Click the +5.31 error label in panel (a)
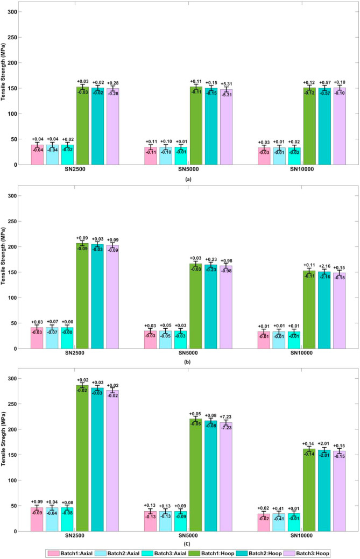tap(225, 84)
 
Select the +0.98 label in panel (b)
tap(225, 261)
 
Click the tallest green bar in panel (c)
tap(82, 457)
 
